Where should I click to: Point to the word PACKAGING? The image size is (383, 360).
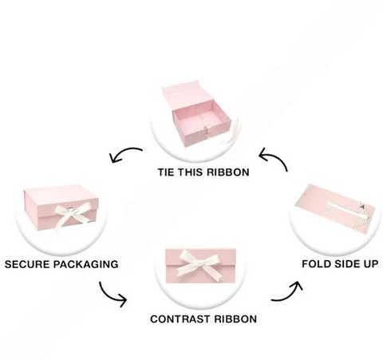tap(86, 264)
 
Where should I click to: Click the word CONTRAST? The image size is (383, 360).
tap(180, 318)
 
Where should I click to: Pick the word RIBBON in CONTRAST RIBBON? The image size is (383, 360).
tap(235, 318)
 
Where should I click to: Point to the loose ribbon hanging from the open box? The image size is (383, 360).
tap(231, 133)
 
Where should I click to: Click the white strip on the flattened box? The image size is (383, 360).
tap(345, 209)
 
